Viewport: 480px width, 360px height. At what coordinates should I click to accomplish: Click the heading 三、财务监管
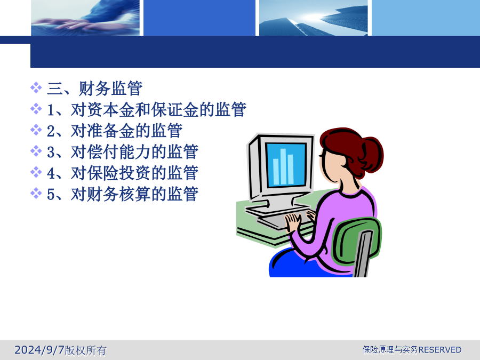pos(94,89)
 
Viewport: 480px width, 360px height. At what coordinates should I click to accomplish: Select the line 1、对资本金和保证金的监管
pos(147,109)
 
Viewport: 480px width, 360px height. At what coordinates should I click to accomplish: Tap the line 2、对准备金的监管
pos(115,131)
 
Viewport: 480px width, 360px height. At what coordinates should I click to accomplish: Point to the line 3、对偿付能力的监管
pos(123,152)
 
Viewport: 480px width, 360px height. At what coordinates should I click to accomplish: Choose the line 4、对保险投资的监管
pos(123,173)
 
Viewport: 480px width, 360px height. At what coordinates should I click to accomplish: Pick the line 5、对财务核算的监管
pos(123,194)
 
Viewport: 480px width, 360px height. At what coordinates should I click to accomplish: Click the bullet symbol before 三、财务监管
pos(36,87)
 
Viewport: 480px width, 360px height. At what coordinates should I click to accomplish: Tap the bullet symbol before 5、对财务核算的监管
pos(36,193)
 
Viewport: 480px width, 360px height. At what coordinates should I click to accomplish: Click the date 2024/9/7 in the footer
pos(39,349)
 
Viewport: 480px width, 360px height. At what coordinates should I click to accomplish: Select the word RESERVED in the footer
pos(440,349)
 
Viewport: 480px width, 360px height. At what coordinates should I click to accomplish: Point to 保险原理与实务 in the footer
pos(390,349)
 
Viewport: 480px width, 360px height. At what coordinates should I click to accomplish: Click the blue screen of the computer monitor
pos(286,165)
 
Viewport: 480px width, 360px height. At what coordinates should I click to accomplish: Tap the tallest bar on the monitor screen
pos(283,166)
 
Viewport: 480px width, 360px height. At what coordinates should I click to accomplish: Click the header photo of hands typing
pos(85,18)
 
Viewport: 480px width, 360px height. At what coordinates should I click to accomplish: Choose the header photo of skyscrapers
pos(314,18)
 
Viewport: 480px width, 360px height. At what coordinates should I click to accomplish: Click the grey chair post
pos(363,254)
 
